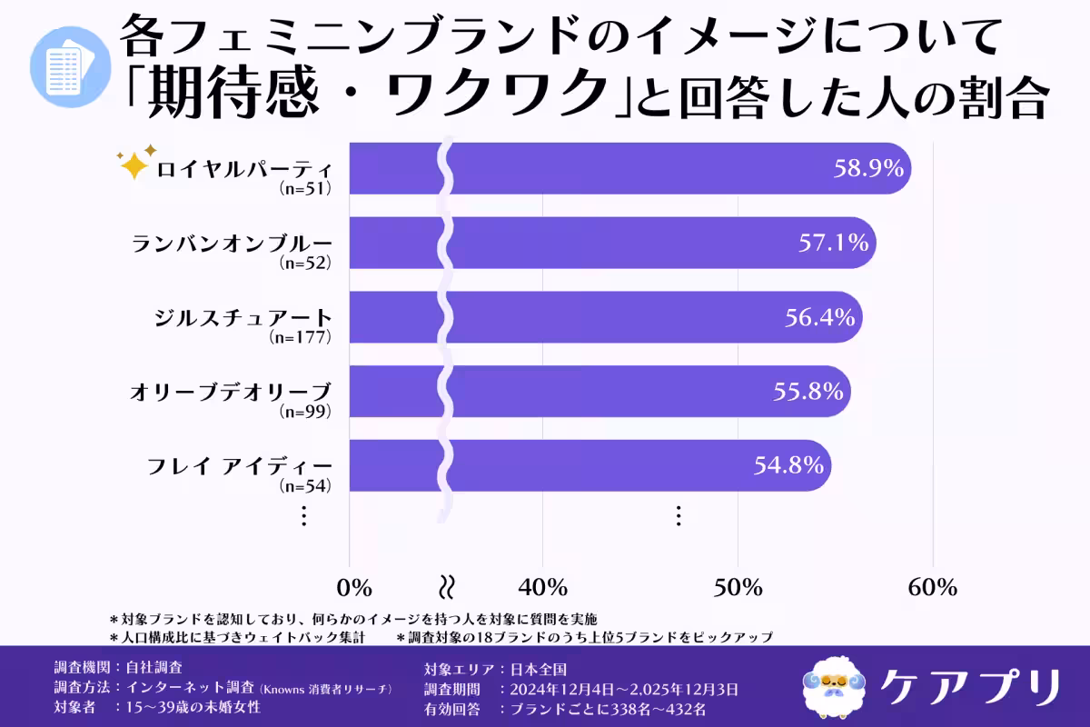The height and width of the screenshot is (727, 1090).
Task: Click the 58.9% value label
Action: (868, 168)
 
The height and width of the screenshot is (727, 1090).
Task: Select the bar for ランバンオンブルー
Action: (636, 243)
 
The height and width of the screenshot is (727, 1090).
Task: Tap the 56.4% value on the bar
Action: (819, 317)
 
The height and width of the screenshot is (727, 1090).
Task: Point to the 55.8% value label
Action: (808, 392)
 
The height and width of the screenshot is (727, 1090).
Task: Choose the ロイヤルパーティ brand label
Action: (244, 170)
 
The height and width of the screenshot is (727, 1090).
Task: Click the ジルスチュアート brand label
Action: (243, 318)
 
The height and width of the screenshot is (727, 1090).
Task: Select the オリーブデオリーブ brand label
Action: (232, 393)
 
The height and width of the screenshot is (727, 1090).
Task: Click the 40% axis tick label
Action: (543, 587)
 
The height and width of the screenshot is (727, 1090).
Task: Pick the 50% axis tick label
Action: (738, 587)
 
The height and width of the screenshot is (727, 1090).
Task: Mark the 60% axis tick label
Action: (933, 587)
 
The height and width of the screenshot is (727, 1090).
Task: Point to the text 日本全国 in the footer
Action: (536, 668)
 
